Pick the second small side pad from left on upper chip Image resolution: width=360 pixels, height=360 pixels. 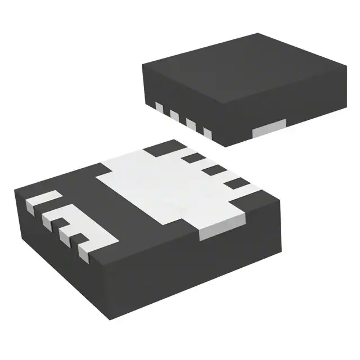(x=174, y=115)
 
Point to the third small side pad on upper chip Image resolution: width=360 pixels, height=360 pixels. (x=190, y=124)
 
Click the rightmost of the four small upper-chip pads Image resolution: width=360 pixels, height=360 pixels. (x=206, y=133)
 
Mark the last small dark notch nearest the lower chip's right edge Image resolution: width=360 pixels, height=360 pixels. (x=237, y=183)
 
